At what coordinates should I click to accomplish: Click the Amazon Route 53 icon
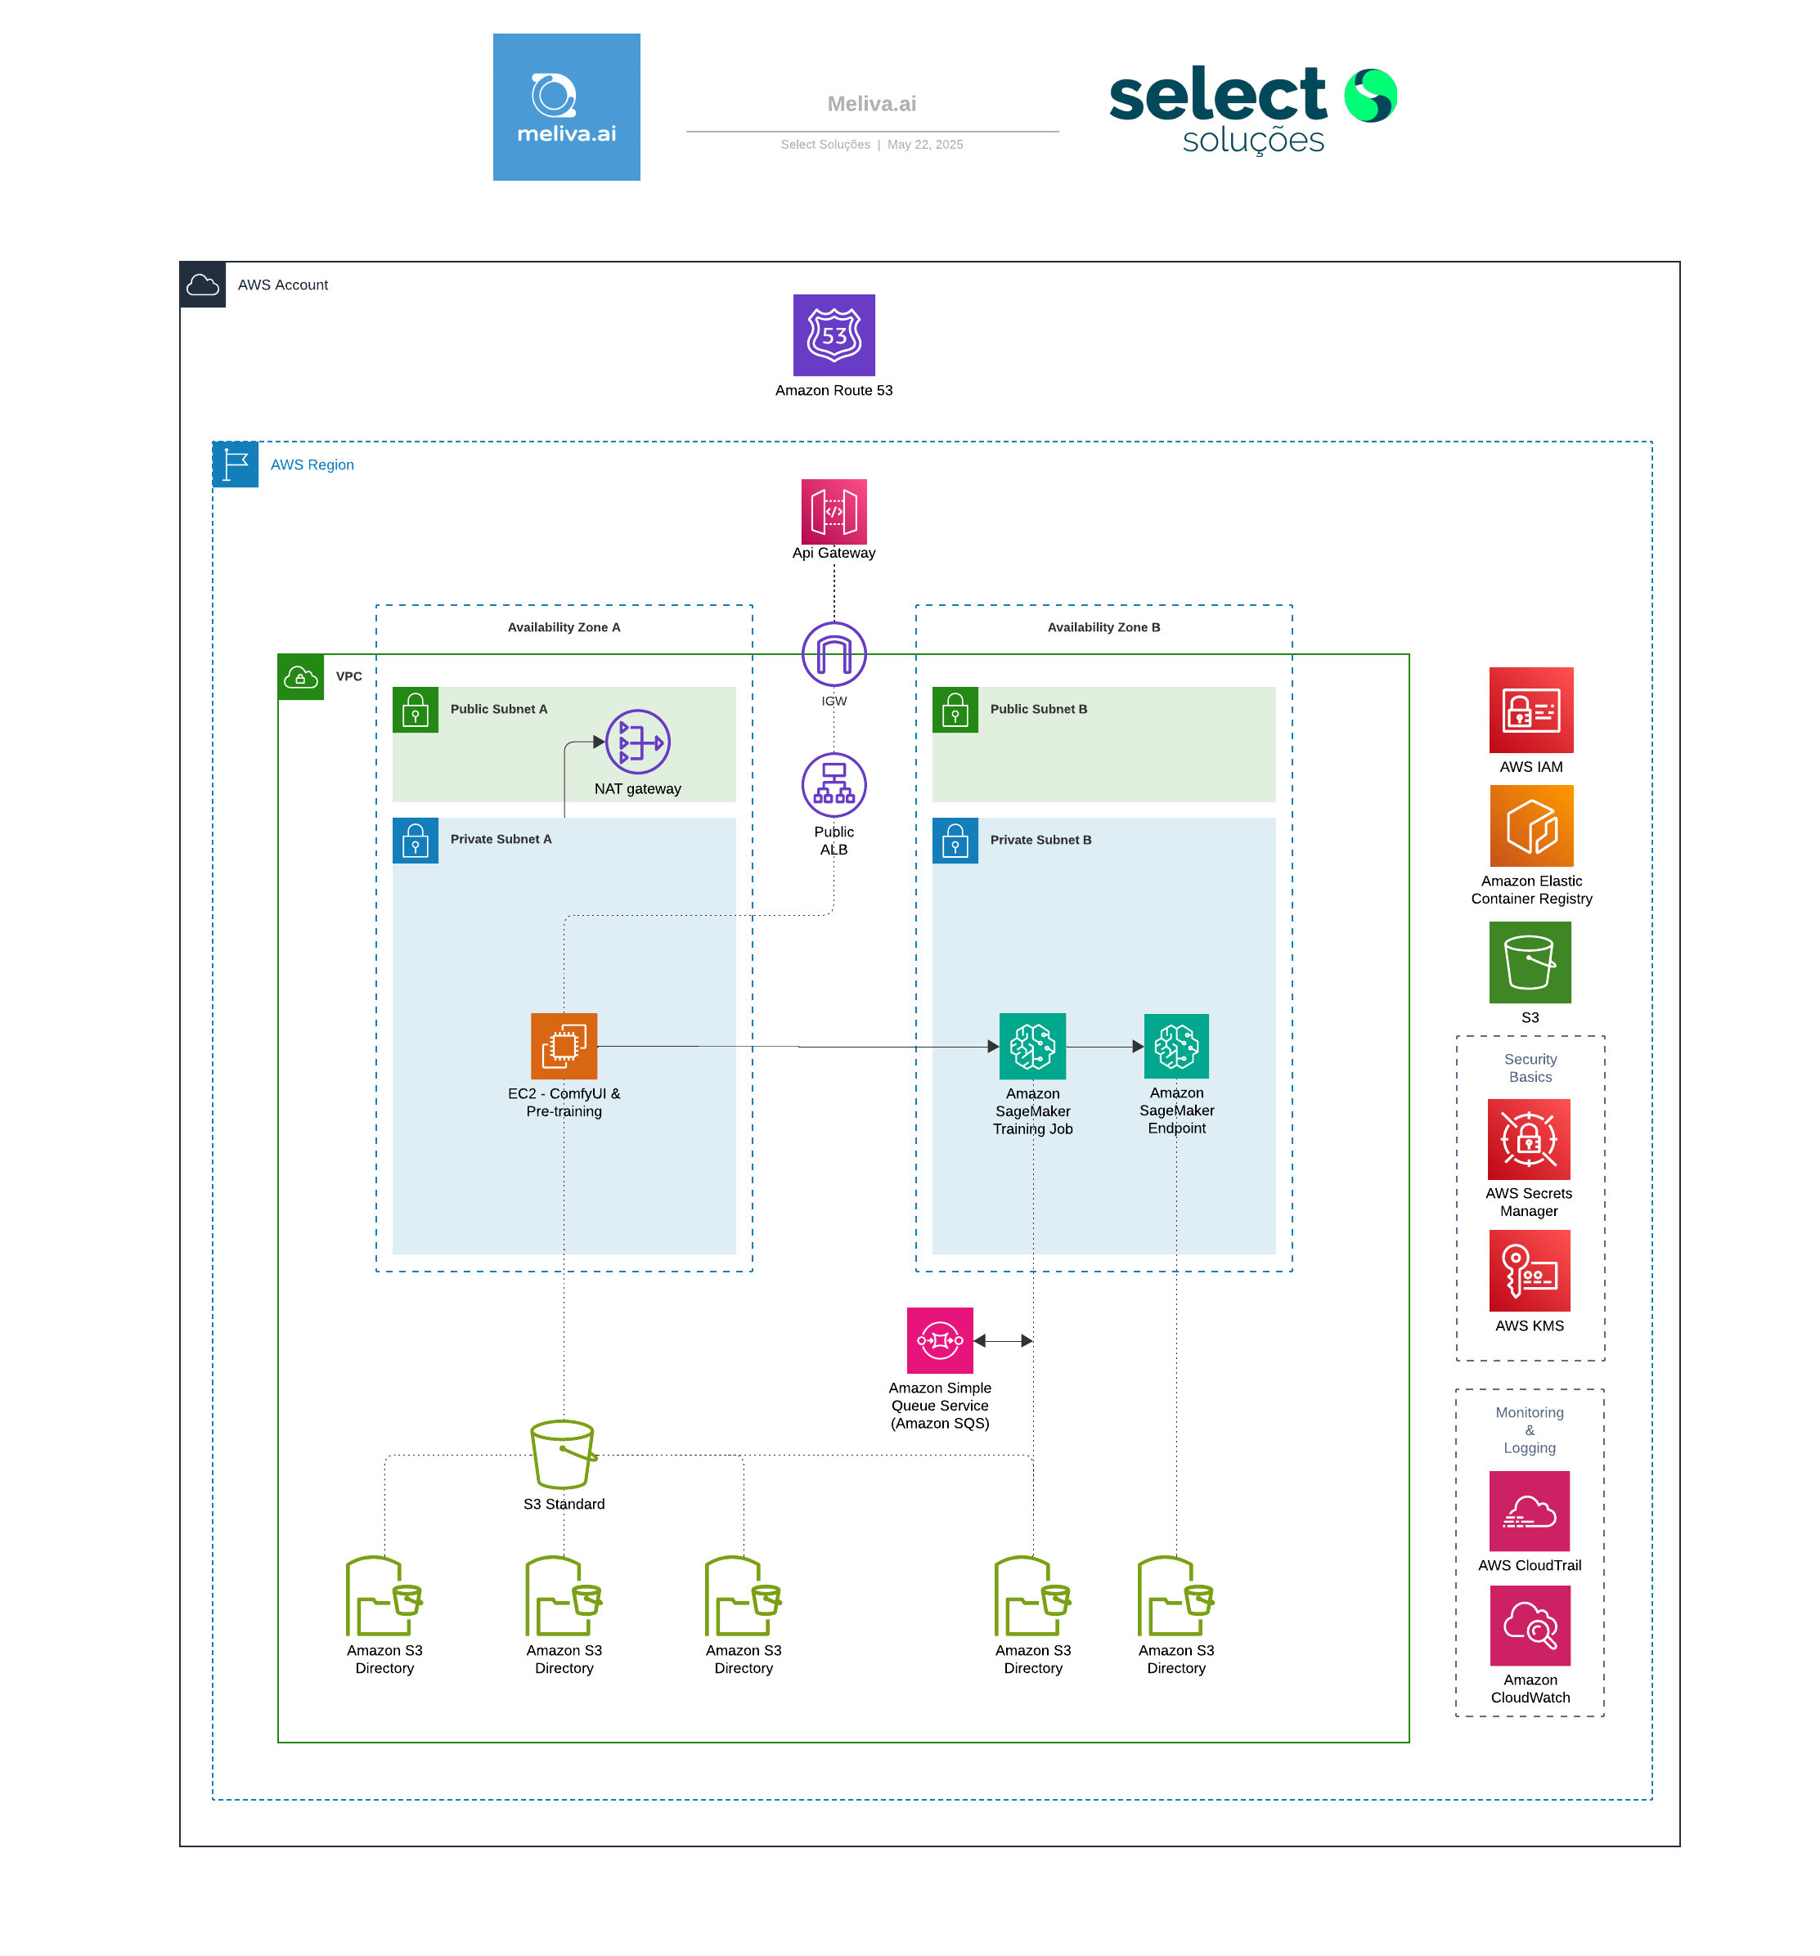pyautogui.click(x=834, y=334)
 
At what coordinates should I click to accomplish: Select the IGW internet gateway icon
pyautogui.click(x=834, y=653)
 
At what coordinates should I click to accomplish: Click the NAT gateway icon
pyautogui.click(x=638, y=742)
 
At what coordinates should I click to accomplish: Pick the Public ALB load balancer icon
pyautogui.click(x=834, y=784)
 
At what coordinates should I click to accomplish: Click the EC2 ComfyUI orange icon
pyautogui.click(x=564, y=1046)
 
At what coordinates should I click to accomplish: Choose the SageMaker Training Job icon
pyautogui.click(x=1032, y=1046)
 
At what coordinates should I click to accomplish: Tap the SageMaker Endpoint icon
pyautogui.click(x=1176, y=1046)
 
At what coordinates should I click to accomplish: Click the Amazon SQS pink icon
pyautogui.click(x=940, y=1340)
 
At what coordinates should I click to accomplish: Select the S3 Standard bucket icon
pyautogui.click(x=563, y=1454)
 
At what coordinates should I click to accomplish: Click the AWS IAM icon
pyautogui.click(x=1530, y=711)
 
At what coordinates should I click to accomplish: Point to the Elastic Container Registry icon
pyautogui.click(x=1530, y=826)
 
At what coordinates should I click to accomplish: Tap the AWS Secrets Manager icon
pyautogui.click(x=1529, y=1139)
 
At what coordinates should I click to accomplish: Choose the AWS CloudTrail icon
pyautogui.click(x=1529, y=1511)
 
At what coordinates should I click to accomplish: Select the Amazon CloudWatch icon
pyautogui.click(x=1529, y=1626)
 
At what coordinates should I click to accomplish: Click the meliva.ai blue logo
pyautogui.click(x=566, y=107)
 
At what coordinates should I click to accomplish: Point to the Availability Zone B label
pyautogui.click(x=1103, y=626)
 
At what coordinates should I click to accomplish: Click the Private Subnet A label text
pyautogui.click(x=501, y=839)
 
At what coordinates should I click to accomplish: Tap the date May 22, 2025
pyautogui.click(x=924, y=145)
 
